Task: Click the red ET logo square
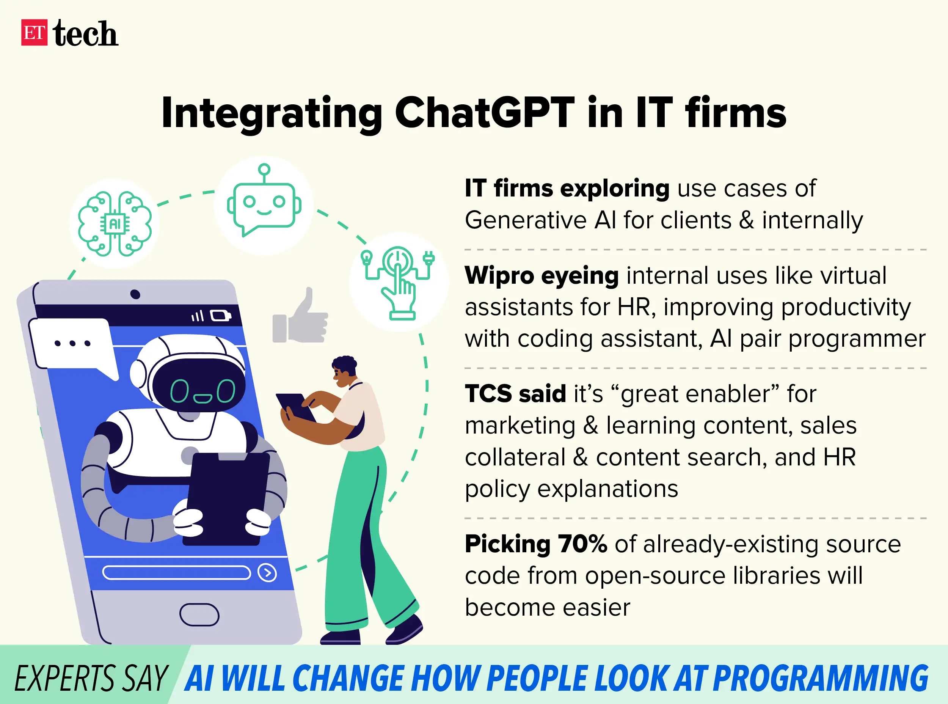pos(34,32)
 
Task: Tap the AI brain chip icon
pos(115,224)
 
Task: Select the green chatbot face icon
pos(264,204)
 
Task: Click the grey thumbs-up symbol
pos(301,317)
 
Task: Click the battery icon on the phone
pos(221,316)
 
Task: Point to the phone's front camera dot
pos(135,294)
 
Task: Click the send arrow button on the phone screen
pos(267,573)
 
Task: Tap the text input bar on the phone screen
pos(176,573)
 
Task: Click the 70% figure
pos(582,544)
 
